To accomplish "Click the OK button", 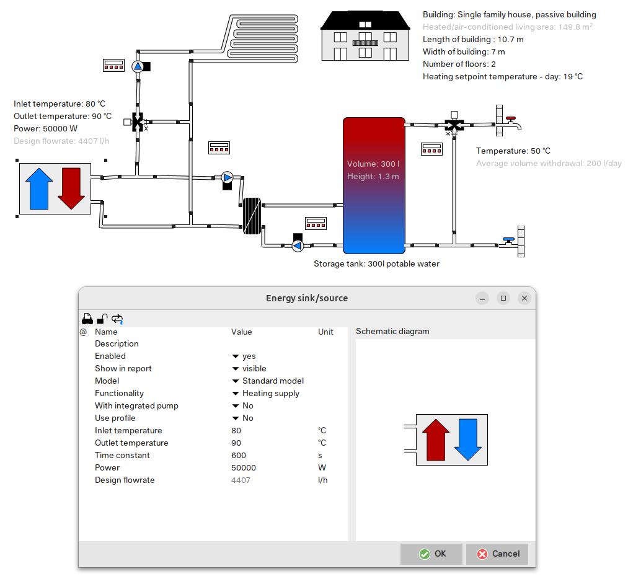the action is pos(431,554).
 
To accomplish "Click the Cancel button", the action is pos(497,554).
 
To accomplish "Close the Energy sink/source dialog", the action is pos(524,298).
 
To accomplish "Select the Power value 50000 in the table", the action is pos(244,467).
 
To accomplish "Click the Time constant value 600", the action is pos(239,455).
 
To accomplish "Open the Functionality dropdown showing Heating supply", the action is pos(265,393).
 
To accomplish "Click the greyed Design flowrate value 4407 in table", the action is pos(241,480).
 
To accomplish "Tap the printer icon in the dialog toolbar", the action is pos(87,319).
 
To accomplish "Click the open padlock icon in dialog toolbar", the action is pos(102,319).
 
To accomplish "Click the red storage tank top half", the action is pos(374,151).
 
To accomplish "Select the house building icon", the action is pos(365,36).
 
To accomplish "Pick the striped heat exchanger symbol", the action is pos(252,216).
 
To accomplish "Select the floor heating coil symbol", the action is pos(263,38).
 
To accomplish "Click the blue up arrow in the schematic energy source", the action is pos(39,188).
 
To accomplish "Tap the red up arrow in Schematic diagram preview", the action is pos(436,440).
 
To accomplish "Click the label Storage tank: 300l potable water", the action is pos(376,264).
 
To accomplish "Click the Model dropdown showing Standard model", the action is pos(268,381).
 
